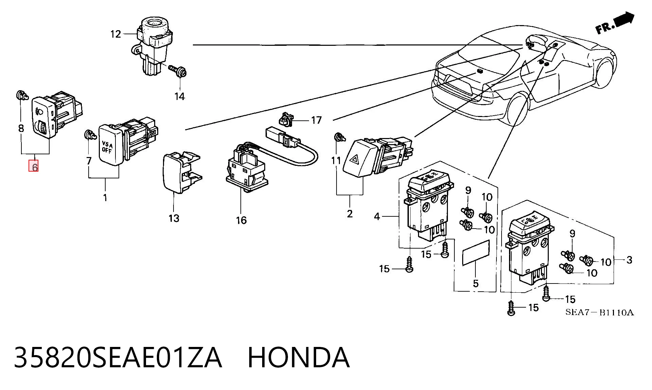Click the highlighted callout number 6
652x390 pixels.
[34, 167]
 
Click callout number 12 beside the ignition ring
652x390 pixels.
[116, 34]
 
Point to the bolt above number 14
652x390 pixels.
[178, 71]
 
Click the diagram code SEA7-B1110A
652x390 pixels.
[599, 312]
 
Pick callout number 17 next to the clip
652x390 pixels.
[316, 120]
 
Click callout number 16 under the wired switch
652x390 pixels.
[241, 220]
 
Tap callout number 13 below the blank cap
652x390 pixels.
[174, 218]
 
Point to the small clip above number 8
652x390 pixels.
[22, 95]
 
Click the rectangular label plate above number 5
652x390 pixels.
[476, 253]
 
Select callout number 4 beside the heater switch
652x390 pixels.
[377, 216]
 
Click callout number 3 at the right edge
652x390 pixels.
[629, 260]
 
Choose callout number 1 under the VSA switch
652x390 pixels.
[105, 197]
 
